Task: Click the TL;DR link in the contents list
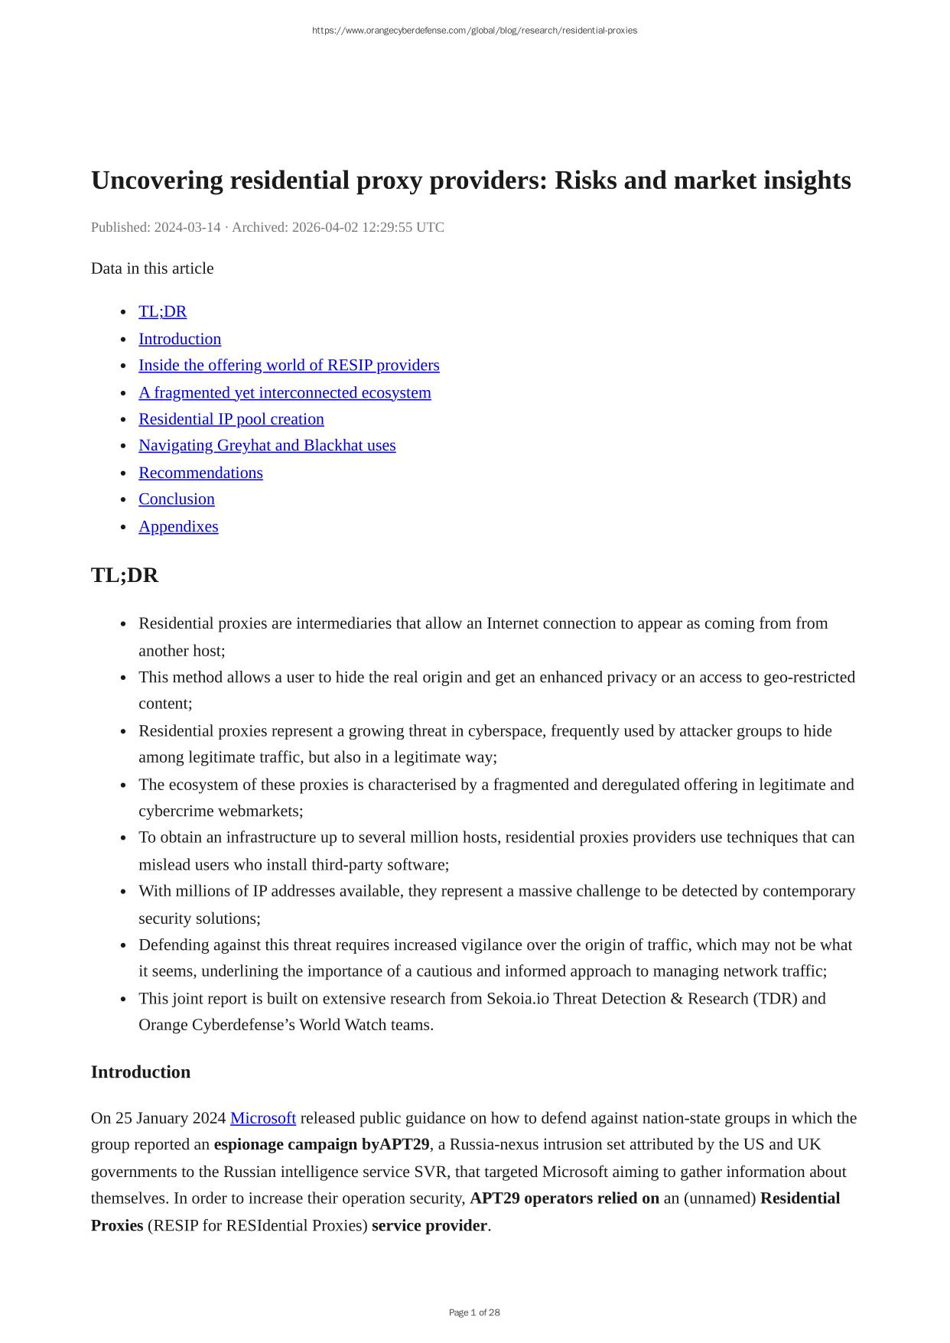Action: (162, 312)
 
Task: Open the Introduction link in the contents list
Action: (180, 339)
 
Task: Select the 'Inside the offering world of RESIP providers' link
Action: (288, 366)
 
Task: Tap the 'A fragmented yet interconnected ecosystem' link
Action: (285, 392)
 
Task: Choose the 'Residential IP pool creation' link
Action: (231, 419)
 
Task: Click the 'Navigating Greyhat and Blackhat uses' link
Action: (267, 445)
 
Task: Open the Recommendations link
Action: (200, 473)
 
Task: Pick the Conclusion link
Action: (177, 499)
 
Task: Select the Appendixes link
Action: (178, 526)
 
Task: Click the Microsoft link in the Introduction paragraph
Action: (262, 1118)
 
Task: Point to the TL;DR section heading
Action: (125, 575)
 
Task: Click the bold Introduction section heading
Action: (141, 1072)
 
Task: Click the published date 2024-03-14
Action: (187, 227)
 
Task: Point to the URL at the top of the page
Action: (474, 31)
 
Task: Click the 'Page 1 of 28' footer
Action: (474, 1312)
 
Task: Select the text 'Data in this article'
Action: (152, 268)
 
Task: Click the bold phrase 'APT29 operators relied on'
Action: (564, 1198)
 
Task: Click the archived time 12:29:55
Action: (387, 227)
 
